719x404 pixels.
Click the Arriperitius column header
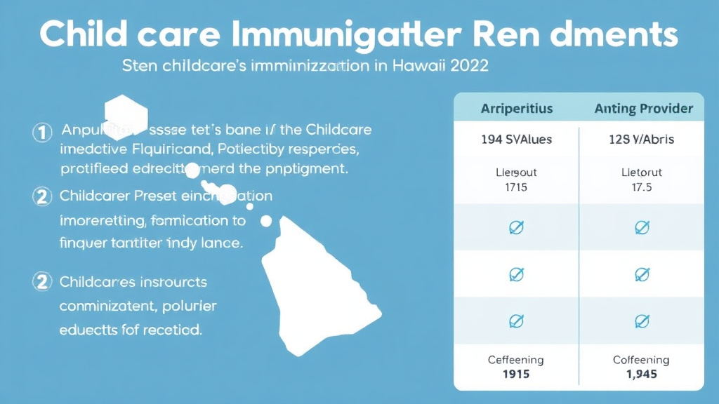coord(516,109)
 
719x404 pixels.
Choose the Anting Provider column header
coord(644,109)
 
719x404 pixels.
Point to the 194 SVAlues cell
coord(516,140)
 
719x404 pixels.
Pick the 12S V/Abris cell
coord(640,140)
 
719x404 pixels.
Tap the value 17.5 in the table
coord(640,188)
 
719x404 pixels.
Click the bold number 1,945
coord(640,374)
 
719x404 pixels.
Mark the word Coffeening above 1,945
coord(640,360)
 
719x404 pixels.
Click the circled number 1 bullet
coord(43,131)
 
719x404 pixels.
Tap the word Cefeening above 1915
coord(515,360)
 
